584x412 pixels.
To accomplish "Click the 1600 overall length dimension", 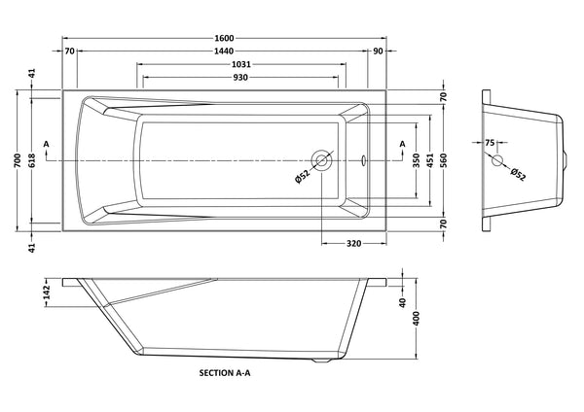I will pyautogui.click(x=225, y=38).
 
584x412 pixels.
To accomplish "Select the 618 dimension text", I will pyautogui.click(x=31, y=161).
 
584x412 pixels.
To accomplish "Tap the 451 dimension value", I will pyautogui.click(x=431, y=161).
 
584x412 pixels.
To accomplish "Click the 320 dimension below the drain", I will pyautogui.click(x=355, y=244).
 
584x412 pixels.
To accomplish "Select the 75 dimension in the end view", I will pyautogui.click(x=489, y=142).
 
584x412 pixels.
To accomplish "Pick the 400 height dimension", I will pyautogui.click(x=417, y=320).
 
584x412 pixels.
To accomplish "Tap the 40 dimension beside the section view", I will pyautogui.click(x=402, y=301).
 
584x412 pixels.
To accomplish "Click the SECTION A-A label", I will pyautogui.click(x=226, y=371).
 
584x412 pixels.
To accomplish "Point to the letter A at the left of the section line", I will pyautogui.click(x=47, y=145).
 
